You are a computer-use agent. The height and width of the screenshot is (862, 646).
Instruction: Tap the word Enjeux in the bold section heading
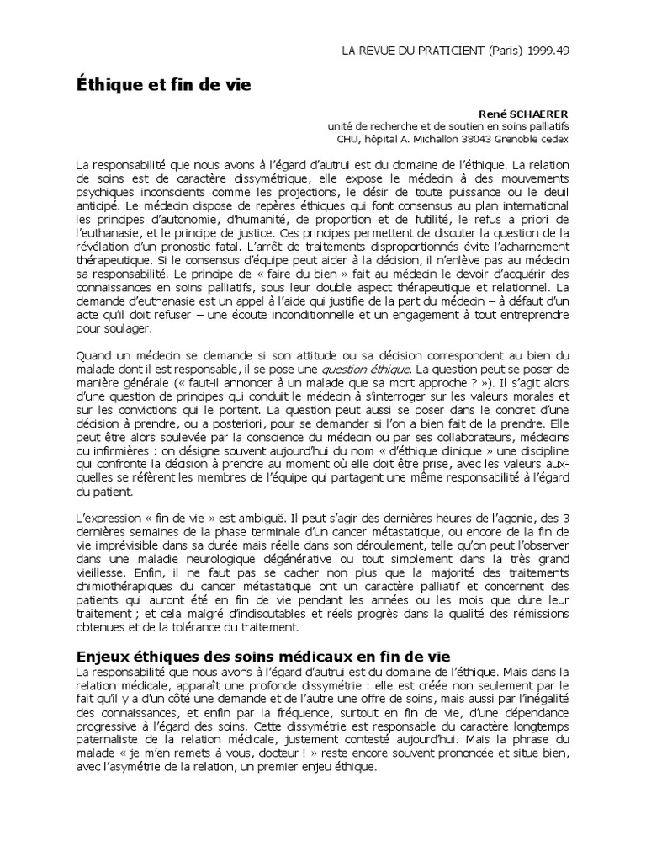point(102,655)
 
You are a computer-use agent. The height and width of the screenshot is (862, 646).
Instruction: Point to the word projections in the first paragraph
point(304,193)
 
